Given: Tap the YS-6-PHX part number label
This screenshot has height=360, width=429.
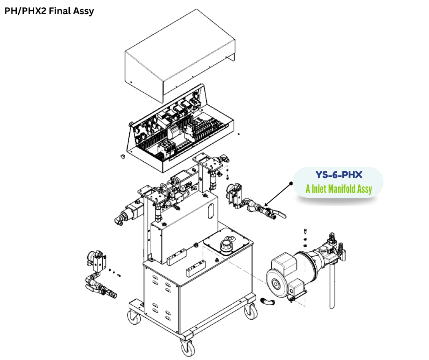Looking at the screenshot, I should [338, 175].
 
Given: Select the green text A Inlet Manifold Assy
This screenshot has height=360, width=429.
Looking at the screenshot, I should [338, 189].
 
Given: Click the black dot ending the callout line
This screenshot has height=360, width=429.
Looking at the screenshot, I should [291, 184].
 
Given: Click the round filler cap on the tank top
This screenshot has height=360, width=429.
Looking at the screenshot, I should [227, 245].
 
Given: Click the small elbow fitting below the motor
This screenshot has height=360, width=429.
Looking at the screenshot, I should [267, 302].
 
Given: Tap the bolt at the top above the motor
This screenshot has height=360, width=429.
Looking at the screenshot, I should [305, 231].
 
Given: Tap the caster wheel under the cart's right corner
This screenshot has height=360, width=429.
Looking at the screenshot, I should [250, 312].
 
